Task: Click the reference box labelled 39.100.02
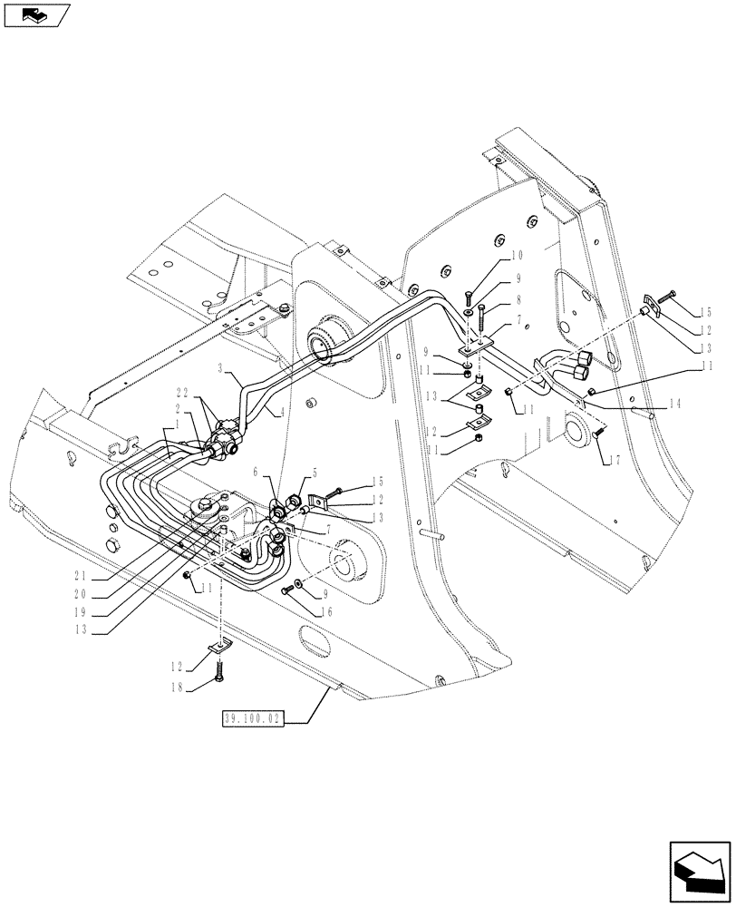point(253,719)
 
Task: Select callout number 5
point(314,472)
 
